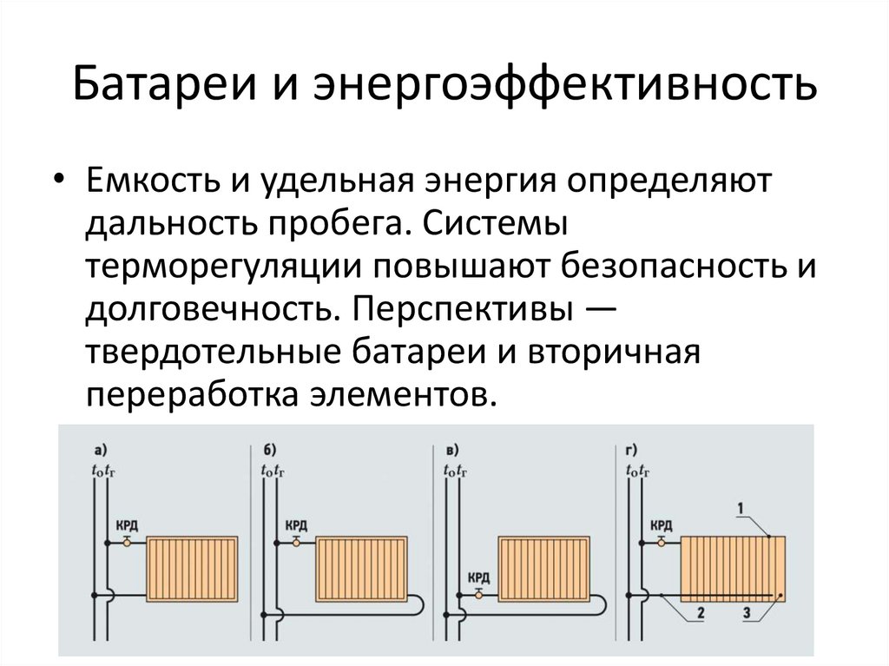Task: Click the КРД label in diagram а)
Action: [x=127, y=525]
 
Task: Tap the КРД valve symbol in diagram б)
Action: [x=296, y=543]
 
